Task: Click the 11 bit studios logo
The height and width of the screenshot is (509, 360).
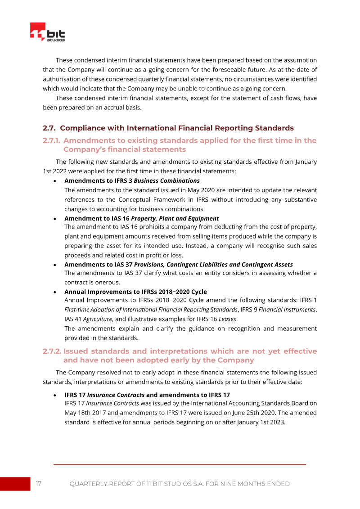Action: coord(48,33)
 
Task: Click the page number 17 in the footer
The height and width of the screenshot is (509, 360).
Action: coord(39,483)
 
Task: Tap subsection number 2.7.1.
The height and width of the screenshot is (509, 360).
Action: coord(51,140)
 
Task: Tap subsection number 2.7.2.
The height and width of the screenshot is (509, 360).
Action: coord(52,351)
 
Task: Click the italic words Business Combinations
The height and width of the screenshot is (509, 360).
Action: coord(166,180)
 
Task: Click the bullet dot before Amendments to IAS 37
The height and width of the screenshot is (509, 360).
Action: coord(54,265)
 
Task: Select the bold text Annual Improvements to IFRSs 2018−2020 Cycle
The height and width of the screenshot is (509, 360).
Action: coord(135,292)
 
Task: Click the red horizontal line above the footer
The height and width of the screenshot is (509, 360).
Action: coord(180,464)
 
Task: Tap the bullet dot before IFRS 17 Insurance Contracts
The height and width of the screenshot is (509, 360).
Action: coord(54,395)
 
